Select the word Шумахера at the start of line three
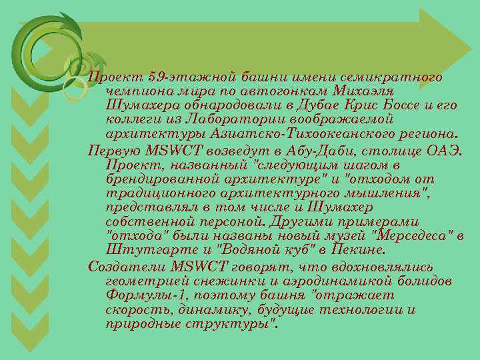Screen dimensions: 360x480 pos(139,105)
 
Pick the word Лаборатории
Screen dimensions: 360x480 pos(230,119)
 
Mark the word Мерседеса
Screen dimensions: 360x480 pos(413,236)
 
